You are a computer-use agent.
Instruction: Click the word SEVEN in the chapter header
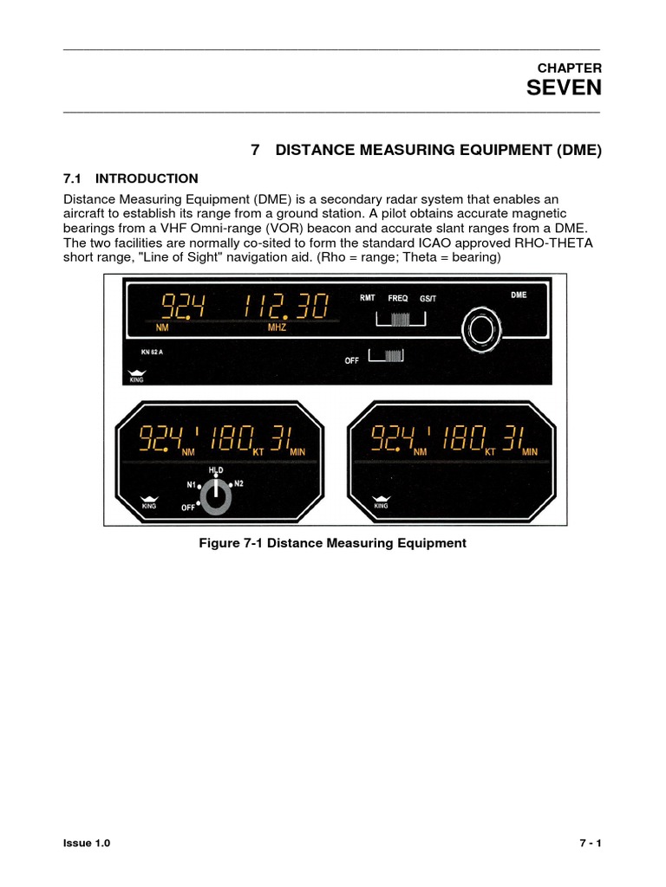coord(564,87)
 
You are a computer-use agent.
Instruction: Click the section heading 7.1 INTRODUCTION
coord(131,178)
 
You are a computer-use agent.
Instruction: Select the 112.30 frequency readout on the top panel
coord(286,307)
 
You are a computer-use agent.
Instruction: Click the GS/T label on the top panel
coord(429,298)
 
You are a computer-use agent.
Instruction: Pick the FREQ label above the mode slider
coord(398,298)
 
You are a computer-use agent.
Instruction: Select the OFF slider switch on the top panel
coord(388,356)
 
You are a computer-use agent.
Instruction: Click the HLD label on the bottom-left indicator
coord(216,469)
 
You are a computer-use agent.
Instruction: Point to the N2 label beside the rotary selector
coord(239,483)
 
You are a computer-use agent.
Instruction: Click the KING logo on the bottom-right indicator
coord(380,502)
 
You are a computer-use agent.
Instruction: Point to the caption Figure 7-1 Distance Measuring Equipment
coord(332,543)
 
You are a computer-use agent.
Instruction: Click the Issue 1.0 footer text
coord(87,844)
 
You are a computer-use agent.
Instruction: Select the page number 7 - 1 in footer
coord(590,844)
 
